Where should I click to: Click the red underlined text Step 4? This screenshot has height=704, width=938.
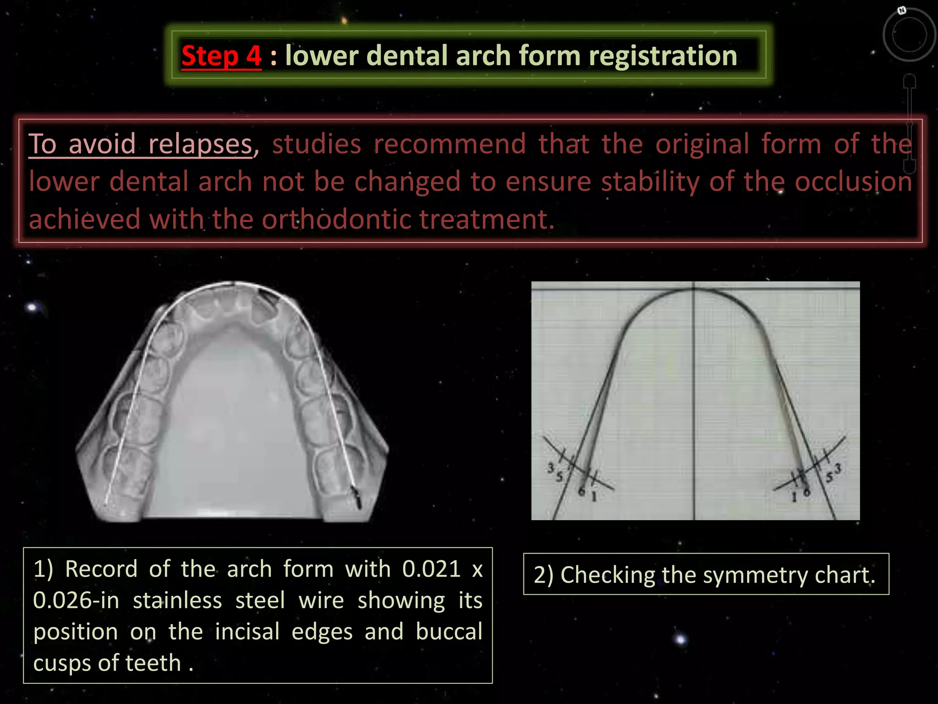[221, 56]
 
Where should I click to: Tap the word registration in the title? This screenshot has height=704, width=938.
[662, 56]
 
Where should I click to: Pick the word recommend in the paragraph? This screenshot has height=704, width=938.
[450, 144]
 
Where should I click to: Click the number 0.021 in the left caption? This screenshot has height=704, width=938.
[431, 569]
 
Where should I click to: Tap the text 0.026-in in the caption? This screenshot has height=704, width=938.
[76, 600]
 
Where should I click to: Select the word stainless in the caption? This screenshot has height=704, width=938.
[177, 600]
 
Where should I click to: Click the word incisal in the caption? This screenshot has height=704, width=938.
[247, 632]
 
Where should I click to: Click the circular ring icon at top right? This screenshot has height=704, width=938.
[909, 35]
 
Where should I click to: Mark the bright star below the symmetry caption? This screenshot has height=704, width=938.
[680, 639]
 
